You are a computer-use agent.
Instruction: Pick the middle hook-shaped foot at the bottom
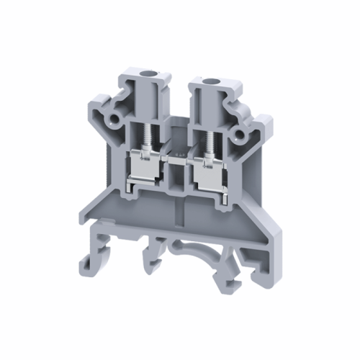[x=154, y=256]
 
